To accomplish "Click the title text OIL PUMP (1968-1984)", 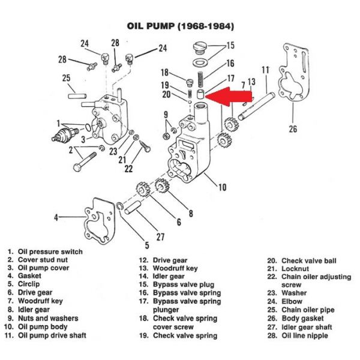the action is pos(181,26).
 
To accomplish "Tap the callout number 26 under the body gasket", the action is pos(293,129).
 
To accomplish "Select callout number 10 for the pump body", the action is pos(222,187).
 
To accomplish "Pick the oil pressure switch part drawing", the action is pos(65,135).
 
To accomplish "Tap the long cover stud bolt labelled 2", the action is pos(85,161).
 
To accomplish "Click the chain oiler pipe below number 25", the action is pos(77,96).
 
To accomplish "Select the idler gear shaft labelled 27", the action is pos(133,208).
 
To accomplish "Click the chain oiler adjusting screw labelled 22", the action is pos(145,146).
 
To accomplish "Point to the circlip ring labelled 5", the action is pos(119,206).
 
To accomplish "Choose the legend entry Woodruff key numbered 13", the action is pos(168,268).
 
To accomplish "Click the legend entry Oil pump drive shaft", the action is pos(45,335).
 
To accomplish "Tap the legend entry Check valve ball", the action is pos(302,260).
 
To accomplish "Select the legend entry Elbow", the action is pos(284,301).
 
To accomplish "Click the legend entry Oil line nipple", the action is pos(298,335).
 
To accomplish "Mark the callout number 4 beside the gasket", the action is pos(56,217).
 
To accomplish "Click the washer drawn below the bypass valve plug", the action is pos(200,62).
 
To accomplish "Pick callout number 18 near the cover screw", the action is pos(164,73).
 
